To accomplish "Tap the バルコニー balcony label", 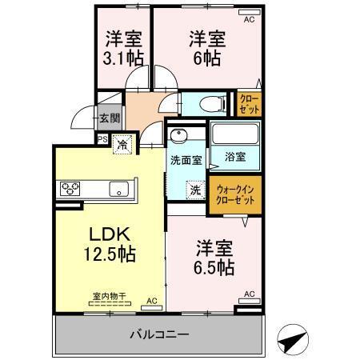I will (159, 334).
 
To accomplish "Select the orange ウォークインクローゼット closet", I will (235, 195).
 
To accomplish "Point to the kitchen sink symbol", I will (120, 190).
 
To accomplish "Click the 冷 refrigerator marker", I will (122, 146).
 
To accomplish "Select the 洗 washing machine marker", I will (196, 190).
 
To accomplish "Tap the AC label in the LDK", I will (151, 302).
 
